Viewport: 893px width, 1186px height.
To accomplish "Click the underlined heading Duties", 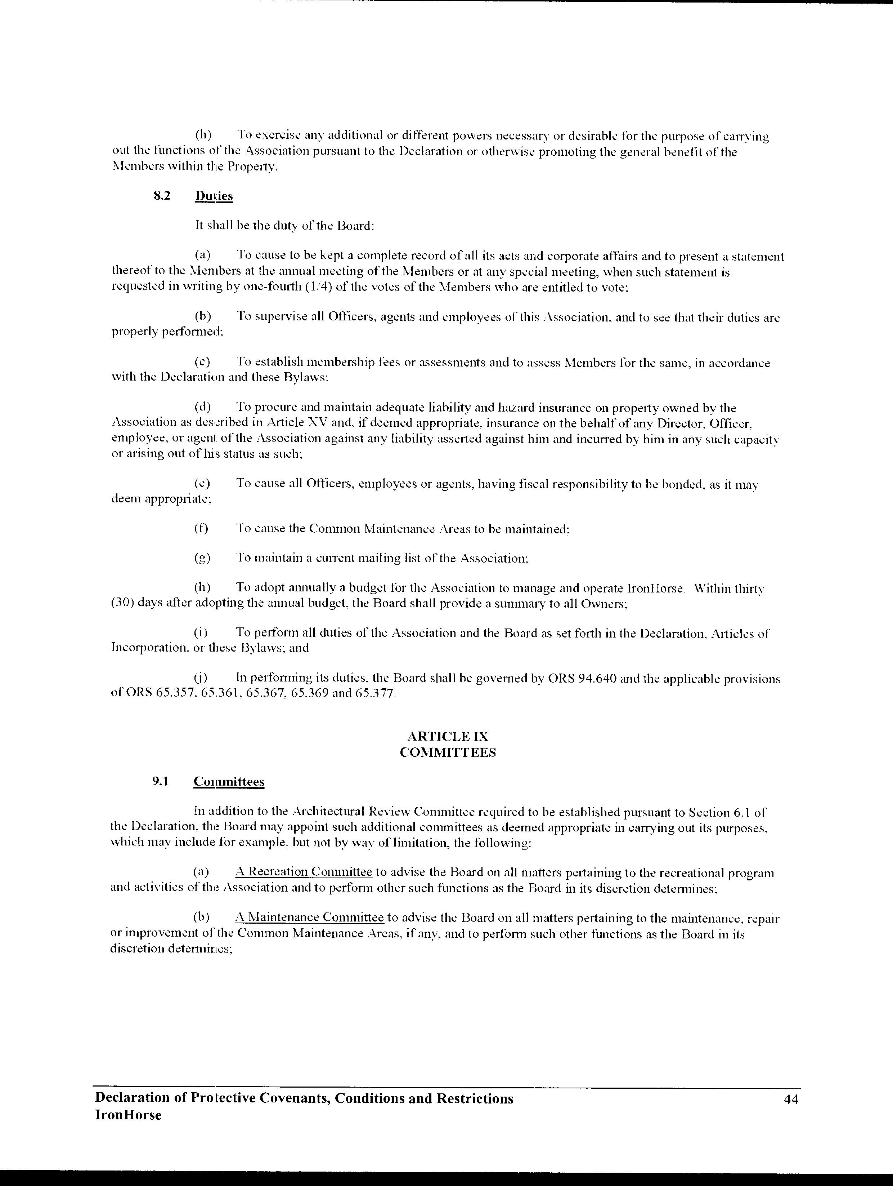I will [x=214, y=196].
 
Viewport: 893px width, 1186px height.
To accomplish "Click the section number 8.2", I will [x=162, y=196].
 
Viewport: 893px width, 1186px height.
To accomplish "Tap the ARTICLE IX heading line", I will [x=448, y=737].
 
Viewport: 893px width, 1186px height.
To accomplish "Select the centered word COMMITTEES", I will [x=448, y=752].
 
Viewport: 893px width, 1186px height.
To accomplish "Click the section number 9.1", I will [x=160, y=782].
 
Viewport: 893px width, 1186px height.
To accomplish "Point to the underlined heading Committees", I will [x=229, y=782].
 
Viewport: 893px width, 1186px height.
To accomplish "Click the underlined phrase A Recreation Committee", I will [x=303, y=872].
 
